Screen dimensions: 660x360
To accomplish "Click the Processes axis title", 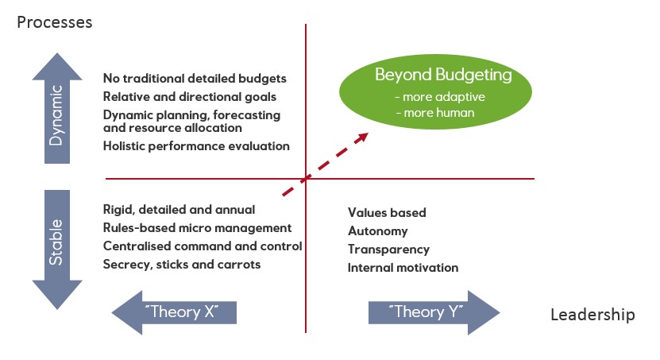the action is (54, 23).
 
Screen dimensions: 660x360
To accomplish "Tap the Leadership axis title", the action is (592, 315).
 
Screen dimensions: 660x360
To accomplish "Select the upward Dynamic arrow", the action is (57, 109).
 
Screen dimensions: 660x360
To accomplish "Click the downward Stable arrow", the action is (57, 250).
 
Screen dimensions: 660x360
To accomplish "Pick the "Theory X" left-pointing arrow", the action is (174, 312).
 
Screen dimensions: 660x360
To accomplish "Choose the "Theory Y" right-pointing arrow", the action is (434, 312).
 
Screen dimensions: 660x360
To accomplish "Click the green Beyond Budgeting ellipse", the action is (436, 92).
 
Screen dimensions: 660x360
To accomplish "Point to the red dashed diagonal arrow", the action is (326, 165).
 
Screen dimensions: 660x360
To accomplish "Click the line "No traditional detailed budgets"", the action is (195, 79).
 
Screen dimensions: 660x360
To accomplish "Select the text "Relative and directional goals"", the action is (190, 97).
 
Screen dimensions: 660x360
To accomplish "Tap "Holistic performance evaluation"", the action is (196, 146).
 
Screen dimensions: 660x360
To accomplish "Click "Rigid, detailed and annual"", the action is (179, 210).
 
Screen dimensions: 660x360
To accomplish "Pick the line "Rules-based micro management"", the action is (198, 228).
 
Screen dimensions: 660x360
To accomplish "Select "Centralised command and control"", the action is (203, 246).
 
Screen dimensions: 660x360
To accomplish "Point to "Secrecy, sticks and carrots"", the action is (182, 265).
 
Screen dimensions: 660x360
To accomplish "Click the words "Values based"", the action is (387, 213).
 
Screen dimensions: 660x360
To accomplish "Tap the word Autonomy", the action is (377, 231).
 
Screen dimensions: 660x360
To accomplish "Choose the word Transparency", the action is (388, 250).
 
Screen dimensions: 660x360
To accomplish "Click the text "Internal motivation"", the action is (403, 268).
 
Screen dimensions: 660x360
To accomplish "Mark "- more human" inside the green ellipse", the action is (435, 113).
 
